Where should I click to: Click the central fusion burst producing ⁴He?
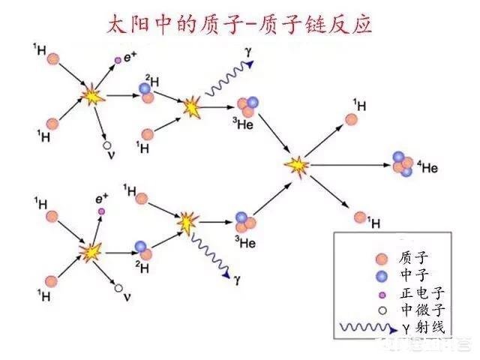click(x=298, y=163)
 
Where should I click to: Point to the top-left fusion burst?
click(x=92, y=97)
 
